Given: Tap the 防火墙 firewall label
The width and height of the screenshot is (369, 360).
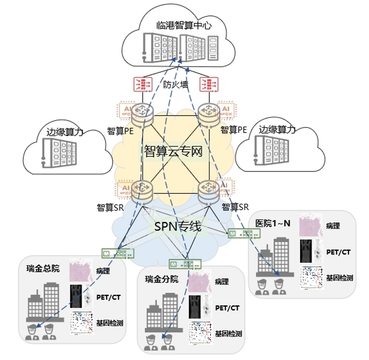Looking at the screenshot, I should coord(176,85).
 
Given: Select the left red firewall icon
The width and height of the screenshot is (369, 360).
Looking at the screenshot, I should coord(143,84).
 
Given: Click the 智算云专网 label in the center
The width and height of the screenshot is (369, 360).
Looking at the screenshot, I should coord(173,152).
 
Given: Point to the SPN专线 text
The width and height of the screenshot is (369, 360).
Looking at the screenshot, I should coord(177,227).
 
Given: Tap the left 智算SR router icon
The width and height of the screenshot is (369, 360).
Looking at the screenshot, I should coord(142,190).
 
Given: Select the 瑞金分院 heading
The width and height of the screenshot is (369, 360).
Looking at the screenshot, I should coord(162,279).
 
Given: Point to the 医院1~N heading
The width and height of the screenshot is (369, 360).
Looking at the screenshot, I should coord(273,223).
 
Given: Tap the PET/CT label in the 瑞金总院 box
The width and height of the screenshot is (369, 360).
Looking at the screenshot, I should coord(108,297).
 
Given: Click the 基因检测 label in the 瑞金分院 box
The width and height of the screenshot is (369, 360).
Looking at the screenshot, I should coord(228,333).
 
